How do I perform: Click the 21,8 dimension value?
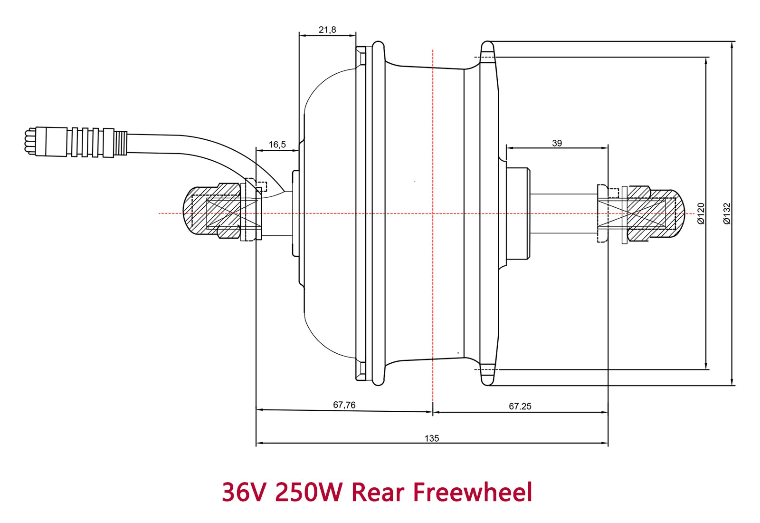327,30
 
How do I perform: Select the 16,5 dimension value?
277,145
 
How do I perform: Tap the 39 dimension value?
557,143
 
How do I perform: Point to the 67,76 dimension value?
344,405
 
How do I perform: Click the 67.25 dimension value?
520,406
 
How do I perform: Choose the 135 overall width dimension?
432,438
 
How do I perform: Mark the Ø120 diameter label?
701,213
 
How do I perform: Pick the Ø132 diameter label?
727,213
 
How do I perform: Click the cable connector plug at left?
76,142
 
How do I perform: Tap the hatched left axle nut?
214,210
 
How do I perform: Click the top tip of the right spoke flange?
487,44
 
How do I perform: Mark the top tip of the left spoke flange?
378,44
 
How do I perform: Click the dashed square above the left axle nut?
261,186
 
